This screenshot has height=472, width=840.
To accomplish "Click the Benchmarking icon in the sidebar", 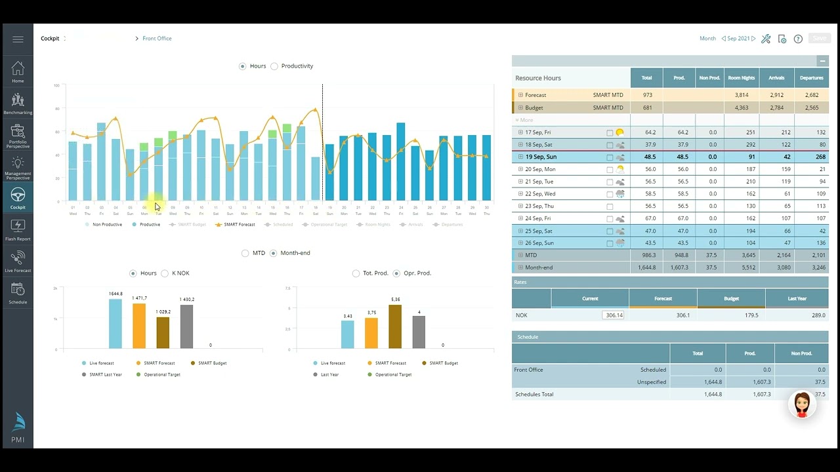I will [x=18, y=101].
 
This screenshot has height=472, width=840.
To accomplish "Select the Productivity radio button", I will [x=274, y=66].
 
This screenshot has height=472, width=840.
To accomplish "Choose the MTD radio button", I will [x=245, y=253].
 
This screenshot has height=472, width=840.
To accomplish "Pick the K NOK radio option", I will [x=165, y=273].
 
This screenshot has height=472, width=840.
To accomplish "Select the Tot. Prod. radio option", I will [x=356, y=273].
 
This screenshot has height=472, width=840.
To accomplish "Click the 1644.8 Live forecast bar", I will [x=115, y=324].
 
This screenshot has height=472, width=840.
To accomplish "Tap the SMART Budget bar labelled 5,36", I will [x=395, y=326].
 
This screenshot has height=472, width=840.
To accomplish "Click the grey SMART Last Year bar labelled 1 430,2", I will [x=186, y=326].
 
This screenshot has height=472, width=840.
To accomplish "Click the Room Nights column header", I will [x=741, y=78].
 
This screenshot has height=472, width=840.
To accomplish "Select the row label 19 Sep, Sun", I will [x=541, y=157].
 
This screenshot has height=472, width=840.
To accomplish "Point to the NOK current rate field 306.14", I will [x=613, y=315].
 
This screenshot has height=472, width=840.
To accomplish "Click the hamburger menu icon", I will [x=18, y=39].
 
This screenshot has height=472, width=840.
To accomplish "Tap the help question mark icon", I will [x=798, y=39].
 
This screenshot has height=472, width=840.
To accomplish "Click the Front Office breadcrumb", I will [x=157, y=39].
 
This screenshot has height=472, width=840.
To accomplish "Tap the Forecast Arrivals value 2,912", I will [x=776, y=95].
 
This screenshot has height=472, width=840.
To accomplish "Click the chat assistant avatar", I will [x=802, y=404].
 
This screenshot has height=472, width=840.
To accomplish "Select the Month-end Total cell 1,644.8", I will [x=646, y=267].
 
